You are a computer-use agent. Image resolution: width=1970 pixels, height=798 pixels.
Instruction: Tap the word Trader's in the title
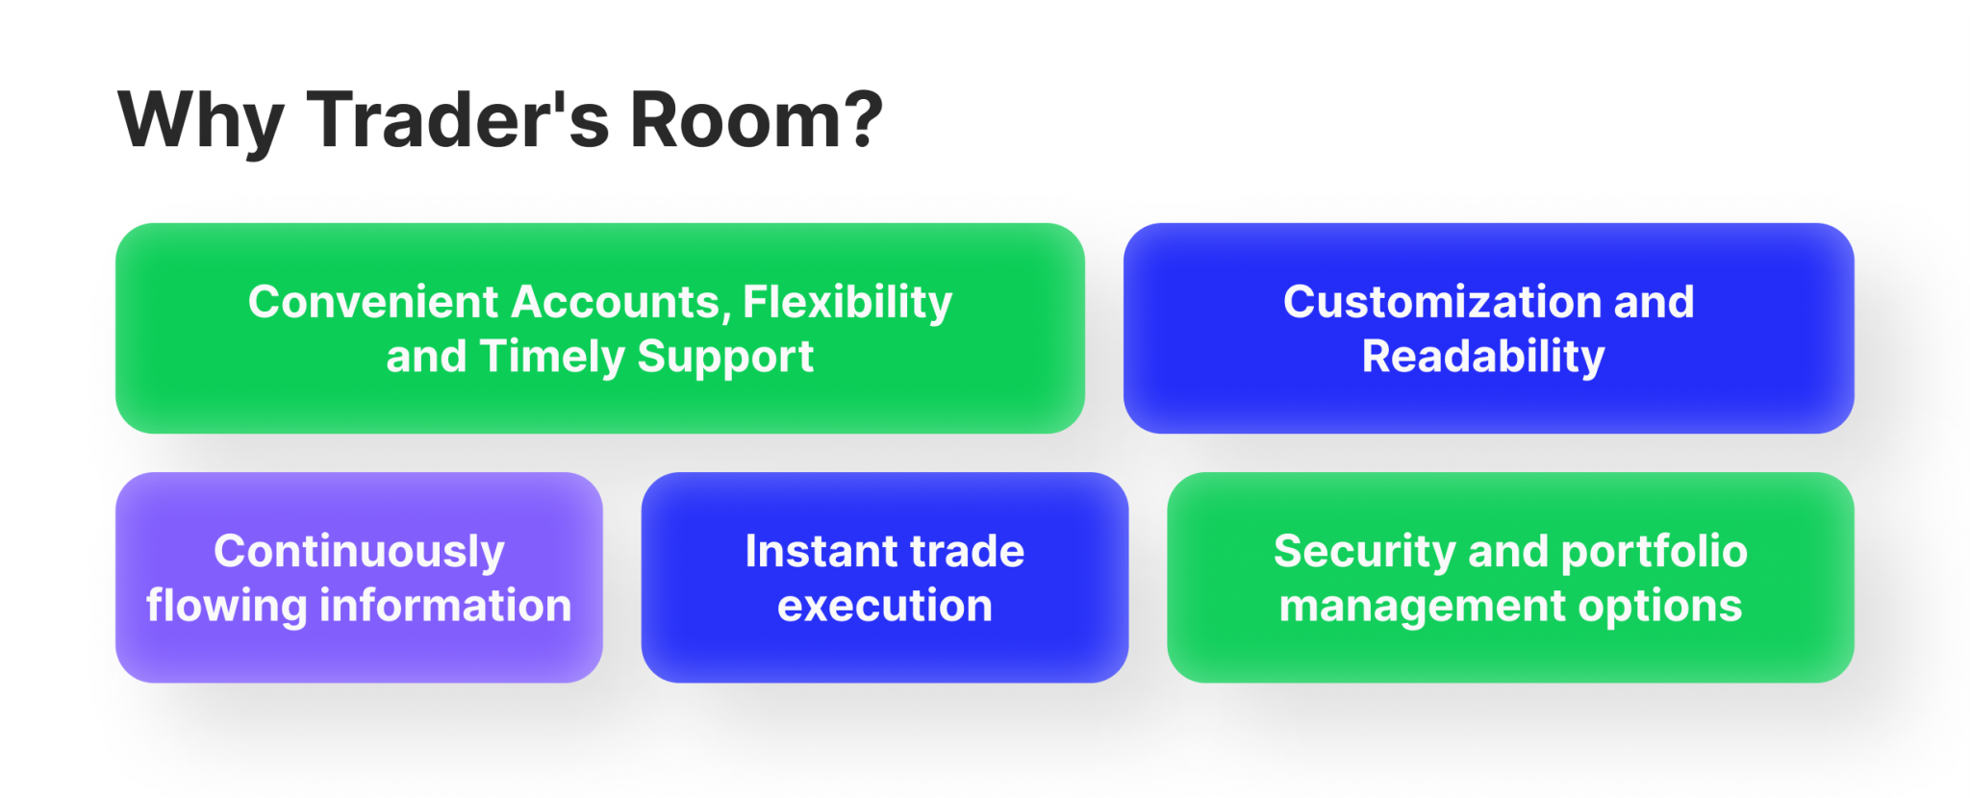(x=458, y=120)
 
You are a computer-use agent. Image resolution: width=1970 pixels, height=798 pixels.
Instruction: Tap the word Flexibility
(x=847, y=302)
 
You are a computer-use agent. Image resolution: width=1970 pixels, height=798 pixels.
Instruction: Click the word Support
(x=725, y=358)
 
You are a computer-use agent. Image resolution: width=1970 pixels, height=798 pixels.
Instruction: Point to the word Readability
(x=1483, y=358)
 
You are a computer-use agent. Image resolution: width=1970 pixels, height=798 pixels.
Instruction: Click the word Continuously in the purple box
(x=359, y=552)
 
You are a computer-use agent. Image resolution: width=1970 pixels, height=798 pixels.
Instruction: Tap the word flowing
(x=226, y=607)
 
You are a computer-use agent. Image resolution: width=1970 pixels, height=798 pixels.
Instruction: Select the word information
(x=445, y=606)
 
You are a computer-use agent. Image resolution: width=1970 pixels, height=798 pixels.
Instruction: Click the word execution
(x=884, y=607)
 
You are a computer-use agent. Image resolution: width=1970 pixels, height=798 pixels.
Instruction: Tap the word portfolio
(x=1654, y=552)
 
